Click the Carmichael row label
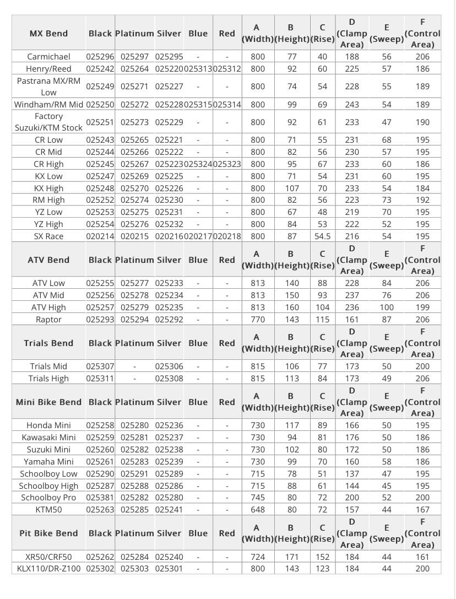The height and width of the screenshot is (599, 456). [48, 57]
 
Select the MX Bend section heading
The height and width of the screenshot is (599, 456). [48, 34]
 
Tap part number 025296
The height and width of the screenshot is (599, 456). [100, 57]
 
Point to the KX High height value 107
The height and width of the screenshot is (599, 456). [292, 188]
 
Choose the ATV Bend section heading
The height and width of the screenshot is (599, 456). [48, 260]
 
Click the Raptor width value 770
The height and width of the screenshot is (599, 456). [257, 320]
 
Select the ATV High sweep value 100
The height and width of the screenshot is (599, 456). [387, 307]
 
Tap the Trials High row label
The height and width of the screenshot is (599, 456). [48, 379]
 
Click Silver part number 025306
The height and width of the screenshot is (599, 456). [169, 366]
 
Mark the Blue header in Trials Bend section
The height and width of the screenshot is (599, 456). [198, 343]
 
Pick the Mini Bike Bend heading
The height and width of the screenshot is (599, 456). [48, 402]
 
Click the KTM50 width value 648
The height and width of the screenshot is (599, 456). [257, 510]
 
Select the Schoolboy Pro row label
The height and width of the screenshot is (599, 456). [48, 498]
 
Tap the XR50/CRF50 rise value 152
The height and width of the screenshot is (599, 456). [322, 557]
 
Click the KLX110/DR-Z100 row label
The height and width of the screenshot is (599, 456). [48, 569]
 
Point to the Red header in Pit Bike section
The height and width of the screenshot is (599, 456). [227, 533]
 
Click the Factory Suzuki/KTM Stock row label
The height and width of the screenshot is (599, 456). [48, 122]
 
